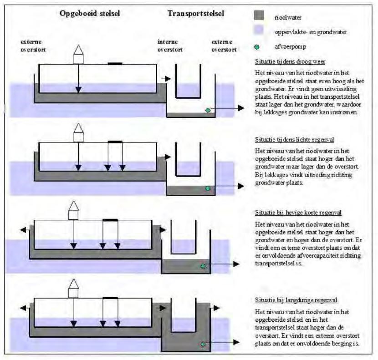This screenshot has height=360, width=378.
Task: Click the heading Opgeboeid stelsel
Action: [x=90, y=13]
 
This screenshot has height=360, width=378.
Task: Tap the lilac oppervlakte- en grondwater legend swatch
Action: [x=259, y=32]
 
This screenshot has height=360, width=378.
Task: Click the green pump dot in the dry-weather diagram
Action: [x=208, y=110]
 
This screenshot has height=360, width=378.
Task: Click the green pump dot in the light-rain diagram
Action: [x=208, y=188]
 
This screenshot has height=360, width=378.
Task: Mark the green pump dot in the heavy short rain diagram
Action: [x=203, y=266]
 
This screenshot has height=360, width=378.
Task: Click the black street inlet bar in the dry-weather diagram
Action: [x=115, y=64]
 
